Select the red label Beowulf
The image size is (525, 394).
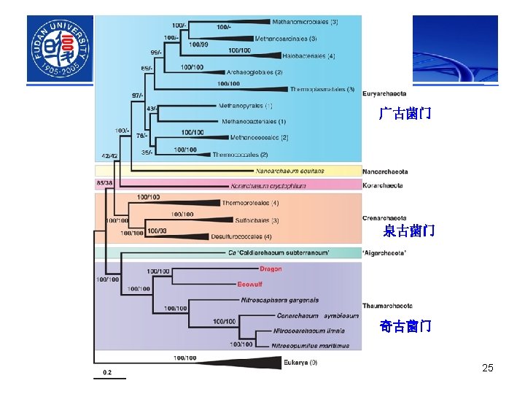coord(249,284)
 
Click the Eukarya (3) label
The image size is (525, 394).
coord(300,362)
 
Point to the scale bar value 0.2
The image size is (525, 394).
coord(106,372)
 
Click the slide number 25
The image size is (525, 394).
coord(488,368)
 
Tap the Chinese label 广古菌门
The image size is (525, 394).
coord(405,113)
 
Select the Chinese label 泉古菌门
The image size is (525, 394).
coord(409,231)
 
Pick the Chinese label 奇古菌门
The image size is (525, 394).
coord(405,326)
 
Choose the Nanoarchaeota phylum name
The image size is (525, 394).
coord(385,171)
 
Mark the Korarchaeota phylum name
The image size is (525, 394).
coord(383,185)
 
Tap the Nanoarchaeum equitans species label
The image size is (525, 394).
coord(289,171)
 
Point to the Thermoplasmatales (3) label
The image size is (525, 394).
coord(322,90)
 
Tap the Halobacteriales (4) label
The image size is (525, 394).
coord(311,56)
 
